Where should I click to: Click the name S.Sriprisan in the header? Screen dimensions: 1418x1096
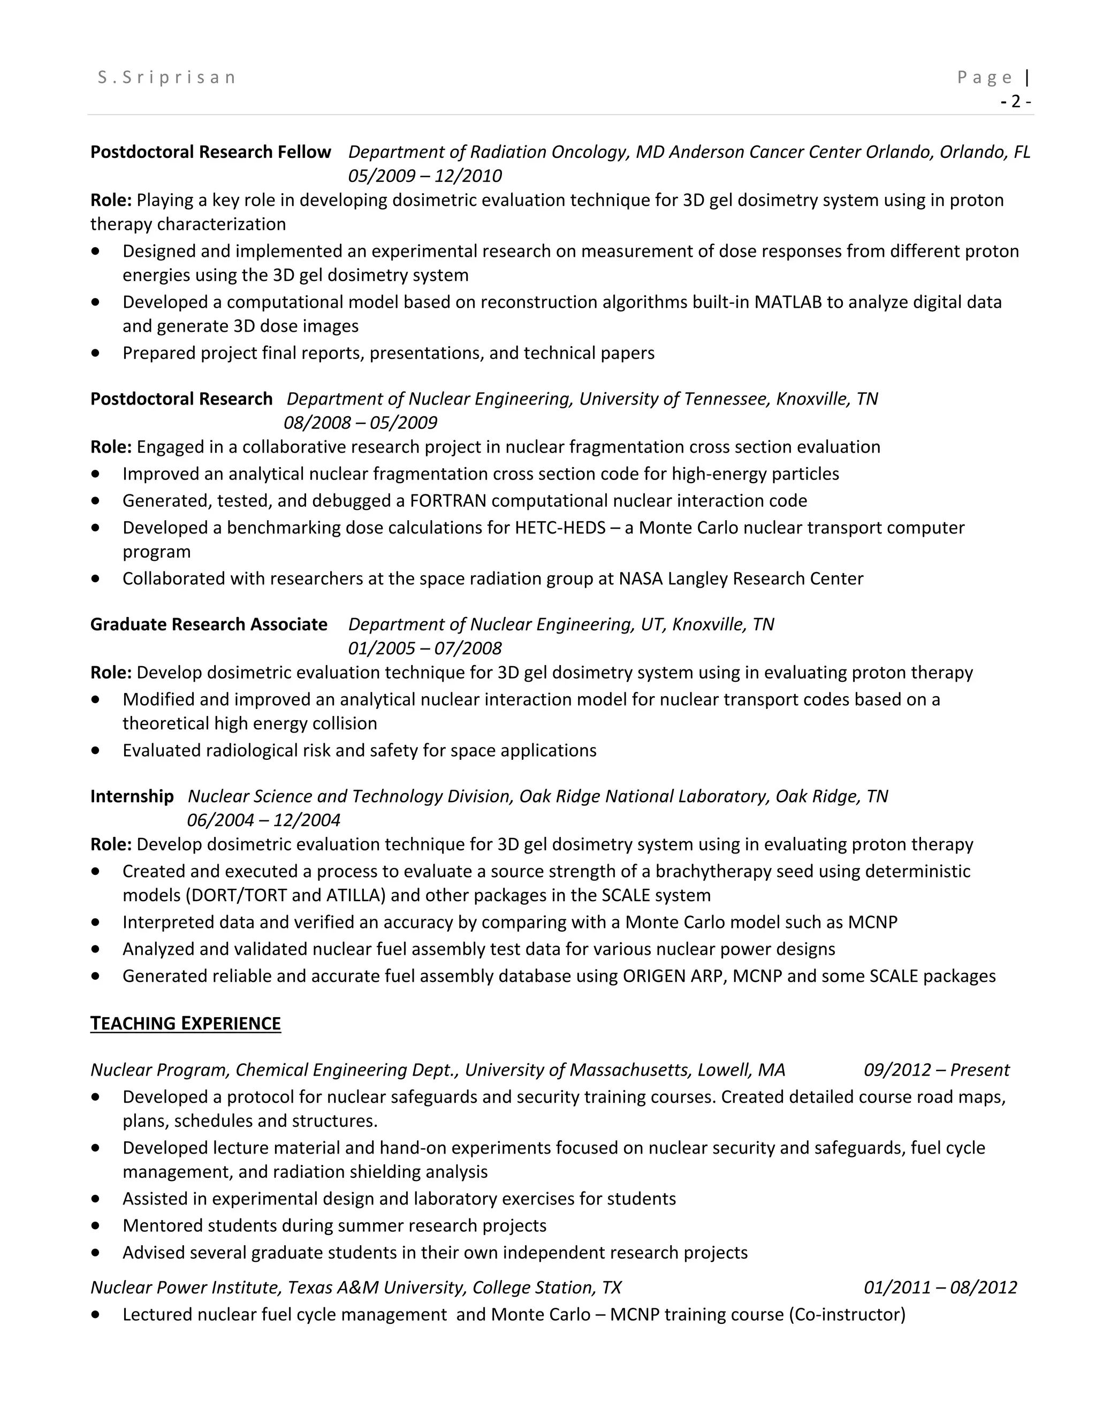(x=167, y=77)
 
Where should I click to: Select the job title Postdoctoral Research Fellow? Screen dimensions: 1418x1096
(x=210, y=152)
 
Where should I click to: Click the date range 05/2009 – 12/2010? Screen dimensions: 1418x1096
(x=424, y=176)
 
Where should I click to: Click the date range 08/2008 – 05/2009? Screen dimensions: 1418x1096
(x=360, y=423)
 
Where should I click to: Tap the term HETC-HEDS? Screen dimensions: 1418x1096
(x=560, y=527)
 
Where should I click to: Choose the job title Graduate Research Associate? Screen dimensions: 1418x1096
(x=208, y=624)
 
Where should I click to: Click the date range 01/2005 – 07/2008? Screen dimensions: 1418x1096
(x=424, y=648)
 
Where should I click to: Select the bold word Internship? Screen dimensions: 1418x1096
(x=132, y=796)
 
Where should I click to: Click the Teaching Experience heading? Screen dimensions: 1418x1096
(x=185, y=1023)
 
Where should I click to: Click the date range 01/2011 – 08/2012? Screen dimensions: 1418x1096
(x=940, y=1287)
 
